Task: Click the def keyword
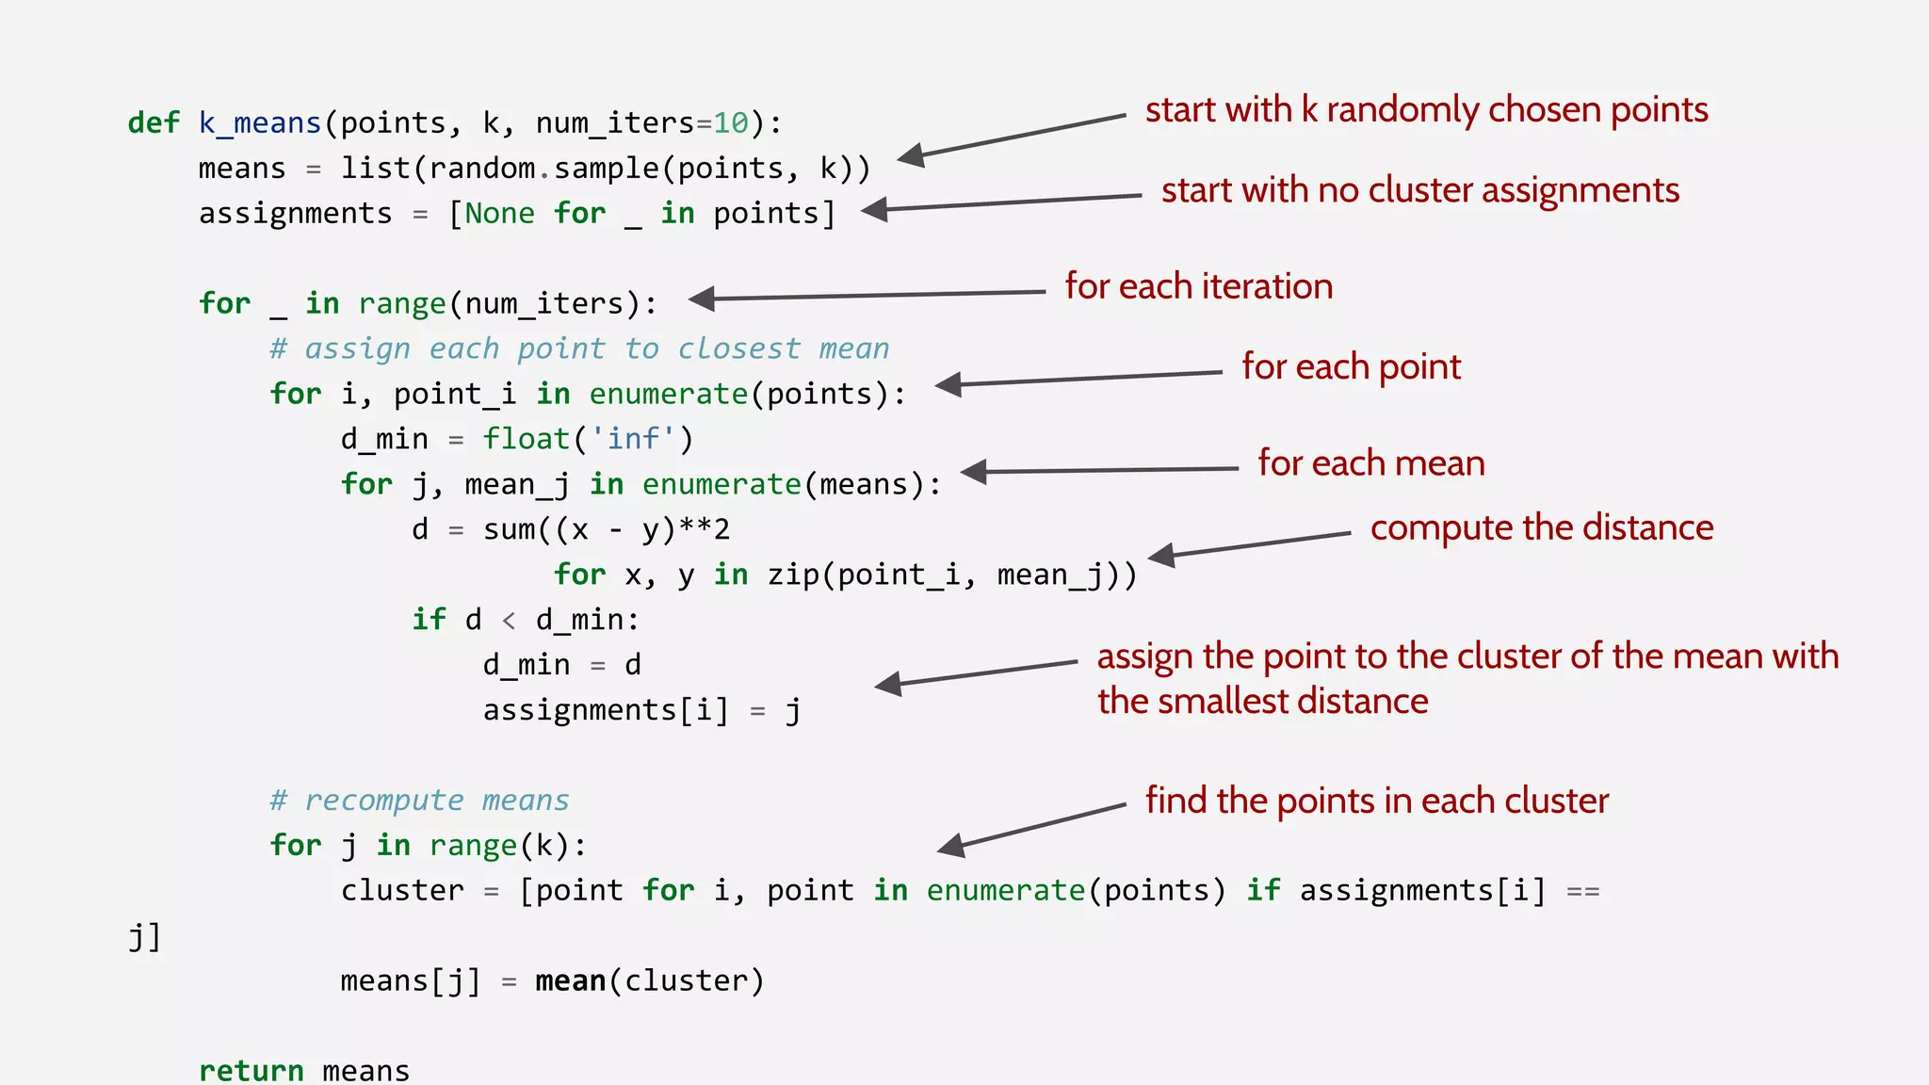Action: pos(153,123)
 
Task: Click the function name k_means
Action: pos(260,123)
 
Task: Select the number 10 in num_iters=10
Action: pos(730,123)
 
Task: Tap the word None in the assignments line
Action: pos(499,214)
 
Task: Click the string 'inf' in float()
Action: pos(633,439)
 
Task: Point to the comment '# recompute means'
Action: pos(419,801)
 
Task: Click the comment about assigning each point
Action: pos(579,349)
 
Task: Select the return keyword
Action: pos(251,1071)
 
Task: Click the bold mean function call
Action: pos(570,981)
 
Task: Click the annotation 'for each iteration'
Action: pos(1198,286)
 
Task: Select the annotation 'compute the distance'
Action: pos(1541,527)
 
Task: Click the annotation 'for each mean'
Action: pos(1370,463)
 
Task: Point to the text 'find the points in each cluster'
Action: pos(1376,801)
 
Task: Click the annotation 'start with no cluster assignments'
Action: pos(1419,190)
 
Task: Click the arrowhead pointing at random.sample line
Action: pos(911,155)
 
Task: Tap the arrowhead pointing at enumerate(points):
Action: pos(948,384)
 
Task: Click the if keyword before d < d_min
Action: pos(429,620)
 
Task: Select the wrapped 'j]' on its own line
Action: pos(144,937)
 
